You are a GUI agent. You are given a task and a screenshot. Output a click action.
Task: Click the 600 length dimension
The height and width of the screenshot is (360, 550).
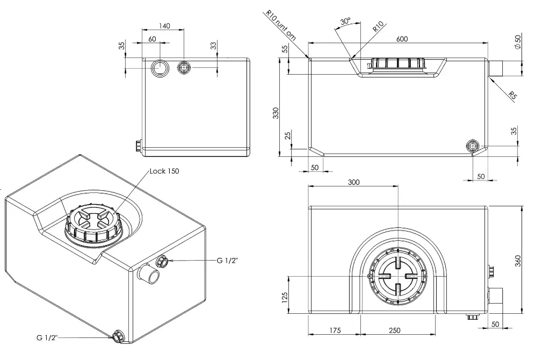pos(402,39)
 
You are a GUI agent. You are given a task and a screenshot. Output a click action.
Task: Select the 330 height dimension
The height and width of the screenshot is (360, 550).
pos(276,113)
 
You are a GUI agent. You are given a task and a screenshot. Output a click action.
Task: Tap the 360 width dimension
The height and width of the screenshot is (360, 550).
pos(518,261)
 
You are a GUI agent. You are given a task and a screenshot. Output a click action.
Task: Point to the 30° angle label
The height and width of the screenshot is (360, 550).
pos(345,21)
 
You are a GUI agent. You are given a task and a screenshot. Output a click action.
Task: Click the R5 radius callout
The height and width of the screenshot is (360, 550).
pos(512,95)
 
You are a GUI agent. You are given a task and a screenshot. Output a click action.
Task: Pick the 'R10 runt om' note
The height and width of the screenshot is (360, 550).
pos(280,25)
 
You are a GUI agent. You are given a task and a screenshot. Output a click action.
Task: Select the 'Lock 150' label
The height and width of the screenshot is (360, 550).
pos(164,171)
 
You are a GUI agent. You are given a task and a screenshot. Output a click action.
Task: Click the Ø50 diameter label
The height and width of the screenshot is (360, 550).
pos(518,42)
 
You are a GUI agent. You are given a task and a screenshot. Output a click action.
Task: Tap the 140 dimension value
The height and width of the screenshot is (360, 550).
pos(164,26)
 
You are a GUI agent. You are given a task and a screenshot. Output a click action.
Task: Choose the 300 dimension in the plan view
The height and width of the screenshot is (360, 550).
pos(353,182)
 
